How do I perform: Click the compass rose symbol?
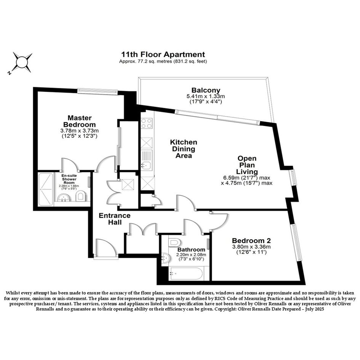22,62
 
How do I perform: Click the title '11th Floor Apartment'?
163,54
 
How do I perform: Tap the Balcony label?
206,90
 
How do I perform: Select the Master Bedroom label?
80,121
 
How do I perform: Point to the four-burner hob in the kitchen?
147,123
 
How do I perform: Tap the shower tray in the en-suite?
46,189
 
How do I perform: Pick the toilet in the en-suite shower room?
80,195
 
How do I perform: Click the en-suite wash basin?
63,198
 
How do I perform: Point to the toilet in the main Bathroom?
175,242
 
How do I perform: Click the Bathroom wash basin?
166,258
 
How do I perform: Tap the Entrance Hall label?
115,219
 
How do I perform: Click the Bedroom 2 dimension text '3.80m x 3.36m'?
251,247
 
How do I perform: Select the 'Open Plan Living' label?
247,165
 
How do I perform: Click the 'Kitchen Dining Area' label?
184,149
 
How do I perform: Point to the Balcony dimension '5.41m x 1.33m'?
206,96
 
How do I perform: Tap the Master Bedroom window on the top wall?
98,91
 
